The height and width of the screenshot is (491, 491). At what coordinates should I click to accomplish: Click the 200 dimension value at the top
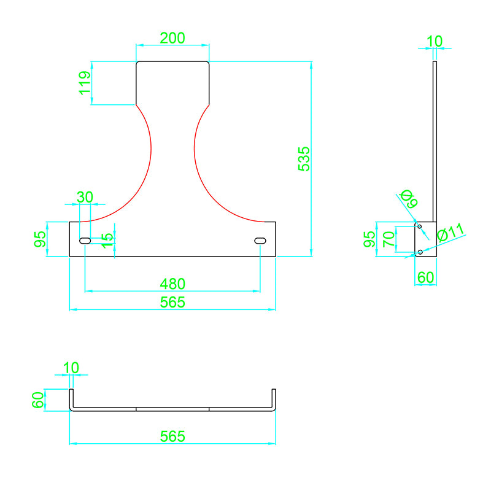tap(172, 37)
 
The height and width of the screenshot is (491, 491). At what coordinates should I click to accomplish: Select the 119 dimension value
tap(85, 83)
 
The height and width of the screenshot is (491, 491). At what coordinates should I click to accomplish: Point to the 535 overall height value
tap(303, 158)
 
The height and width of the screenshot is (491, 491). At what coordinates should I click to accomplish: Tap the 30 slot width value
tap(85, 197)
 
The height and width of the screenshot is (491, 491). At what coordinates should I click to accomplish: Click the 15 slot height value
tap(107, 240)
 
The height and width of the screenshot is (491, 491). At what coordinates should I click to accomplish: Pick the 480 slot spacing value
tap(172, 284)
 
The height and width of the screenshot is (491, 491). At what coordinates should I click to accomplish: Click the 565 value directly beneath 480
tap(172, 302)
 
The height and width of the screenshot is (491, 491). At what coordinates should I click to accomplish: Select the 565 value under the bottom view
tap(172, 436)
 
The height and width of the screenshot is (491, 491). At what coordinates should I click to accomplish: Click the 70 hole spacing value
tap(387, 239)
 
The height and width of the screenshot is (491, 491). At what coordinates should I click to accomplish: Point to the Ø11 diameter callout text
tap(451, 233)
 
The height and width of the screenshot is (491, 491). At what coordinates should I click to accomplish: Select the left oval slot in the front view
tap(85, 241)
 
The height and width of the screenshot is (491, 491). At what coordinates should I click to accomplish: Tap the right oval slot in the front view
tap(260, 241)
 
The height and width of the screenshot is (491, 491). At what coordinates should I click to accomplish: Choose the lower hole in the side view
tap(420, 252)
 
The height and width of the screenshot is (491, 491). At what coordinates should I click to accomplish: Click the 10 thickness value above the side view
tap(434, 41)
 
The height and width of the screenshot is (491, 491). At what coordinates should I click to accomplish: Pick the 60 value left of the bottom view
tap(38, 400)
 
